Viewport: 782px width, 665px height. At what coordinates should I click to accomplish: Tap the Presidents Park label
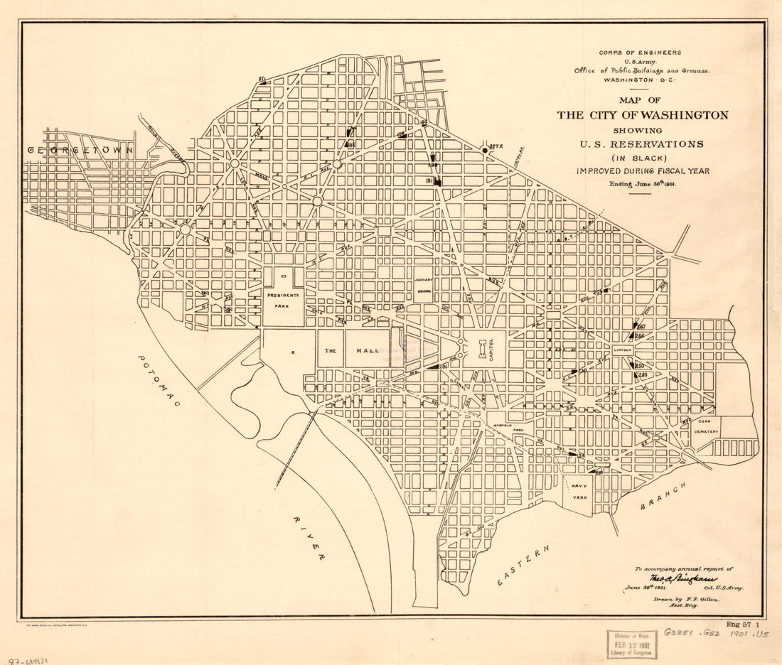(x=283, y=298)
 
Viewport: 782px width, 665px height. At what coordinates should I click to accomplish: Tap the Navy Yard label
(x=578, y=490)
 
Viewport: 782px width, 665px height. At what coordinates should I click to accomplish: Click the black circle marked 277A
(x=485, y=150)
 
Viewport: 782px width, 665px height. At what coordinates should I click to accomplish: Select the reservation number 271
(x=262, y=79)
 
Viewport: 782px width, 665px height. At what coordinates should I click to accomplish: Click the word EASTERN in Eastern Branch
(x=525, y=566)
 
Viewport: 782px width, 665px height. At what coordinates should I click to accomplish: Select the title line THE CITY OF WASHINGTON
(x=642, y=115)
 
